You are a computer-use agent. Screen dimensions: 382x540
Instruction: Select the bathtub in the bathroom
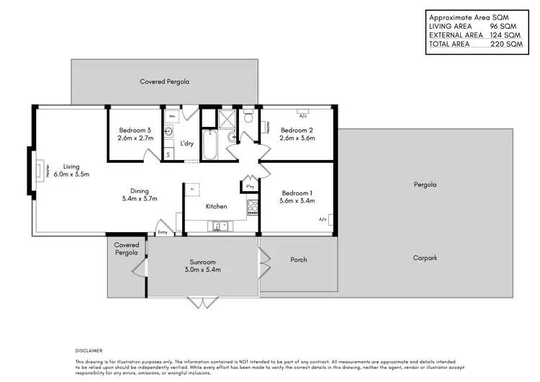(210, 144)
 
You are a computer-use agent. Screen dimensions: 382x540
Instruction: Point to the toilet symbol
(248, 116)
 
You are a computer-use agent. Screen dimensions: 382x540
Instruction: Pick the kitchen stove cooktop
(253, 208)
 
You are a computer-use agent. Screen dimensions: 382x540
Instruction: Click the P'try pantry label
(250, 186)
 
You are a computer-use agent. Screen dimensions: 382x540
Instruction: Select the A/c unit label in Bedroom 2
(303, 115)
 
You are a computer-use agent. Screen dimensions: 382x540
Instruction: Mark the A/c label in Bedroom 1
(323, 219)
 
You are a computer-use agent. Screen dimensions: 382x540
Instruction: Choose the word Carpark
(425, 257)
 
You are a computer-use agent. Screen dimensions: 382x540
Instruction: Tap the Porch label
(299, 259)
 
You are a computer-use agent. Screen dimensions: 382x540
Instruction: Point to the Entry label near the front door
(162, 232)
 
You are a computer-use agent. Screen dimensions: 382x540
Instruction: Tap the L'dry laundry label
(186, 143)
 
